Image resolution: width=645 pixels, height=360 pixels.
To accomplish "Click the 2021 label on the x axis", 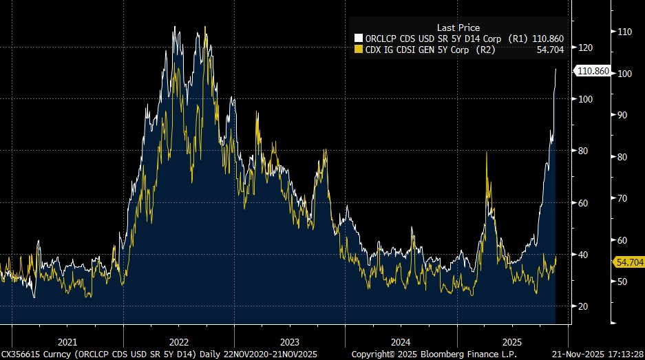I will click(x=67, y=341).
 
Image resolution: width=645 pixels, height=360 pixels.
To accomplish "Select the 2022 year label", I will click(x=179, y=341).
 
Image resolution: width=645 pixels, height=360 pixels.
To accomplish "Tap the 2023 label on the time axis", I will click(x=290, y=341).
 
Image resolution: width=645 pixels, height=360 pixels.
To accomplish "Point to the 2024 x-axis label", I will click(x=401, y=341).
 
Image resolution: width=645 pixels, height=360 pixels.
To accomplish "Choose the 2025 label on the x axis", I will click(x=512, y=341).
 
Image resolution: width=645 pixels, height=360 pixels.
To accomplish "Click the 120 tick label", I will click(x=586, y=47).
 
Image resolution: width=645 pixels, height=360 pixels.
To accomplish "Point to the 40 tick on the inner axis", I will click(x=584, y=255).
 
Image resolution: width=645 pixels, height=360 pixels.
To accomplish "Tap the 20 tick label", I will click(x=584, y=306).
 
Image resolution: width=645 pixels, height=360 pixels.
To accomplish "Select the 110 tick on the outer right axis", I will click(x=625, y=32).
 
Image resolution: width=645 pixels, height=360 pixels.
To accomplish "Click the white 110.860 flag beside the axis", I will click(x=592, y=70).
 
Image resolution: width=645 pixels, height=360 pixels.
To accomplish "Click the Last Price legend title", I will click(x=458, y=28).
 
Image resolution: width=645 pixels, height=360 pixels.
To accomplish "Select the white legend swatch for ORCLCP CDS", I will click(x=358, y=39).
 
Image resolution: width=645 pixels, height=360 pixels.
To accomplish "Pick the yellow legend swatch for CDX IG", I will click(x=358, y=50).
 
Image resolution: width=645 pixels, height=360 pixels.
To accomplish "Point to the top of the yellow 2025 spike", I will click(x=487, y=152).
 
